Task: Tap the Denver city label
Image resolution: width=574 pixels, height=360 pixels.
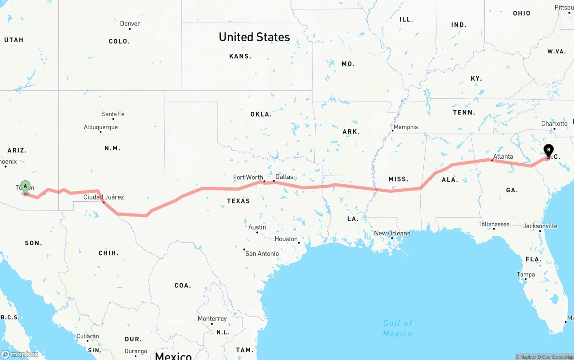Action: coord(130,24)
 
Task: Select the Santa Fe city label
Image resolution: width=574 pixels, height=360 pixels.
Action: coord(113,114)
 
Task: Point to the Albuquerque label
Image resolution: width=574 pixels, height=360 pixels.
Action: coord(100,127)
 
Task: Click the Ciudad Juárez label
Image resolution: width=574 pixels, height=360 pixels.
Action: coord(104,197)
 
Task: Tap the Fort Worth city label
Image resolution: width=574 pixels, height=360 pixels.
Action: coord(248,178)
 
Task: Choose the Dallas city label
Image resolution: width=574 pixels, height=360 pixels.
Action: coord(284,177)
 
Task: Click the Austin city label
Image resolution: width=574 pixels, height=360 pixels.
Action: coord(257,227)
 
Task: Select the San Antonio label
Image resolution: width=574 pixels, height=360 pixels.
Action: coord(262,254)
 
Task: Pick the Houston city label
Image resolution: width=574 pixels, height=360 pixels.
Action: coord(286,239)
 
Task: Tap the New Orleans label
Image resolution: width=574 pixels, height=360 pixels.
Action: coord(392,233)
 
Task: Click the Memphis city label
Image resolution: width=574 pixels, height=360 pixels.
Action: coord(405,127)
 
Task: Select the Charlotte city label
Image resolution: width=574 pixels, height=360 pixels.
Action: coord(554,124)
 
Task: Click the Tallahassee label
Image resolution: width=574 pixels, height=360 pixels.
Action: coord(494,224)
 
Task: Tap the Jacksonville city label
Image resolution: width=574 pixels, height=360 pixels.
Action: coord(540,226)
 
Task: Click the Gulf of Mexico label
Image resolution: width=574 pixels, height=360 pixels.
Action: coord(398,328)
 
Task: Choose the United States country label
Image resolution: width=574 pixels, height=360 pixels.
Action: coord(254,37)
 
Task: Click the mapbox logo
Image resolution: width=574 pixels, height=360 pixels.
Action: coord(20,354)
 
